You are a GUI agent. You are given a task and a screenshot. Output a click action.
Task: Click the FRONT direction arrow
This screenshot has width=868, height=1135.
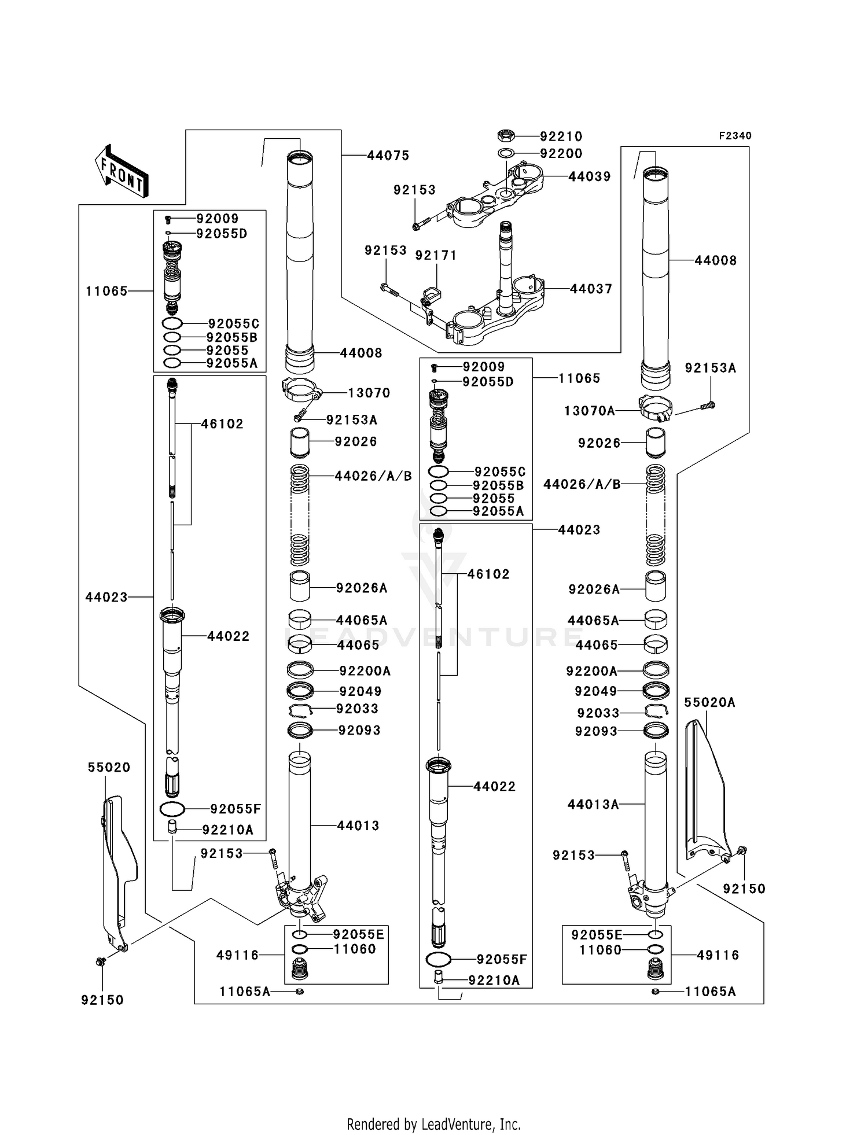click(122, 171)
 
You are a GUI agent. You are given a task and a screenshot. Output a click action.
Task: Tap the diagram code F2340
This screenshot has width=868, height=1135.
click(735, 136)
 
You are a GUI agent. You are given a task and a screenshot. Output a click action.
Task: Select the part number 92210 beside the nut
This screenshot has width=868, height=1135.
click(561, 137)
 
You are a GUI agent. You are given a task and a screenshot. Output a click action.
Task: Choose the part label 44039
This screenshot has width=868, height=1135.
click(589, 177)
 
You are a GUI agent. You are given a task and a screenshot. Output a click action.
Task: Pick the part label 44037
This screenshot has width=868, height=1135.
click(591, 289)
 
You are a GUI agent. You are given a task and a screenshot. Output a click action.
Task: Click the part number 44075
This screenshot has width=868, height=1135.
click(388, 156)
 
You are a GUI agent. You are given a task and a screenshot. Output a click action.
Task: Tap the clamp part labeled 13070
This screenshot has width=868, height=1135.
click(301, 389)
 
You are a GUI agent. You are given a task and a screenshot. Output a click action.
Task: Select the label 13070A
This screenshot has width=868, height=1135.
click(589, 411)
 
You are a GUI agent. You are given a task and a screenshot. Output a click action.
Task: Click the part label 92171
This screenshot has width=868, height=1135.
click(436, 255)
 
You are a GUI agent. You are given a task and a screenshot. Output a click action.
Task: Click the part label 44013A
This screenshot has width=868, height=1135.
click(593, 804)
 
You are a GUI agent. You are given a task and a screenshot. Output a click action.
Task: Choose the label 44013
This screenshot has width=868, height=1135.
click(358, 826)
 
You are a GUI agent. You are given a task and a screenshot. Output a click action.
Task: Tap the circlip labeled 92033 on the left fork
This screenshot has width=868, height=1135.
click(300, 710)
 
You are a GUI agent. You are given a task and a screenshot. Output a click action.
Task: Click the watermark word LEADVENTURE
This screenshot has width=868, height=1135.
click(434, 636)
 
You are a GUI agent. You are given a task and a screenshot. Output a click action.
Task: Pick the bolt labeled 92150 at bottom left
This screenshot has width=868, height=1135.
click(100, 961)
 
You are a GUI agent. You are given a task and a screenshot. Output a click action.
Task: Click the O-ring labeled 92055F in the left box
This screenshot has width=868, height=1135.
click(172, 809)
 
